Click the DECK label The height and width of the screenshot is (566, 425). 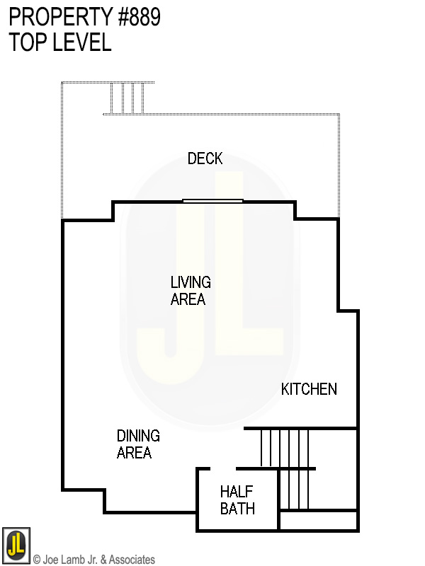(x=205, y=158)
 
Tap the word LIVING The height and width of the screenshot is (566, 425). (x=191, y=282)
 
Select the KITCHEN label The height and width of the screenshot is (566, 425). (x=309, y=389)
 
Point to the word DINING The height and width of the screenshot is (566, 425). (x=138, y=436)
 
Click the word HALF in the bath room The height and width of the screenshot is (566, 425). (x=237, y=491)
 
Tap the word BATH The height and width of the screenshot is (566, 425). (x=237, y=508)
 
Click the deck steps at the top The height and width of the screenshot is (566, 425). (x=127, y=98)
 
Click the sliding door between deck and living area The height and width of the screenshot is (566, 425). (x=212, y=201)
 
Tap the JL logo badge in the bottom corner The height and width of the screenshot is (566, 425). (x=16, y=545)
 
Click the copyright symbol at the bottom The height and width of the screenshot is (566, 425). (x=37, y=560)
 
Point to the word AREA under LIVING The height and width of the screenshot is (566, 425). (x=188, y=299)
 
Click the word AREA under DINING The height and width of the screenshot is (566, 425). (x=134, y=453)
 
